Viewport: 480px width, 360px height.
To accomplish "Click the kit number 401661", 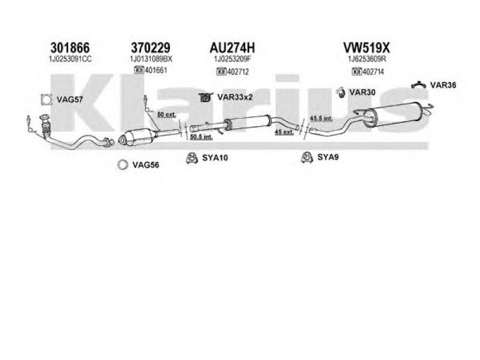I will point(155,70).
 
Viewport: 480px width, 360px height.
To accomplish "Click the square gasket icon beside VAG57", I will point(44,100).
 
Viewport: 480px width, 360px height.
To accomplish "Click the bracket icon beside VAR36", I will point(418,85).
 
